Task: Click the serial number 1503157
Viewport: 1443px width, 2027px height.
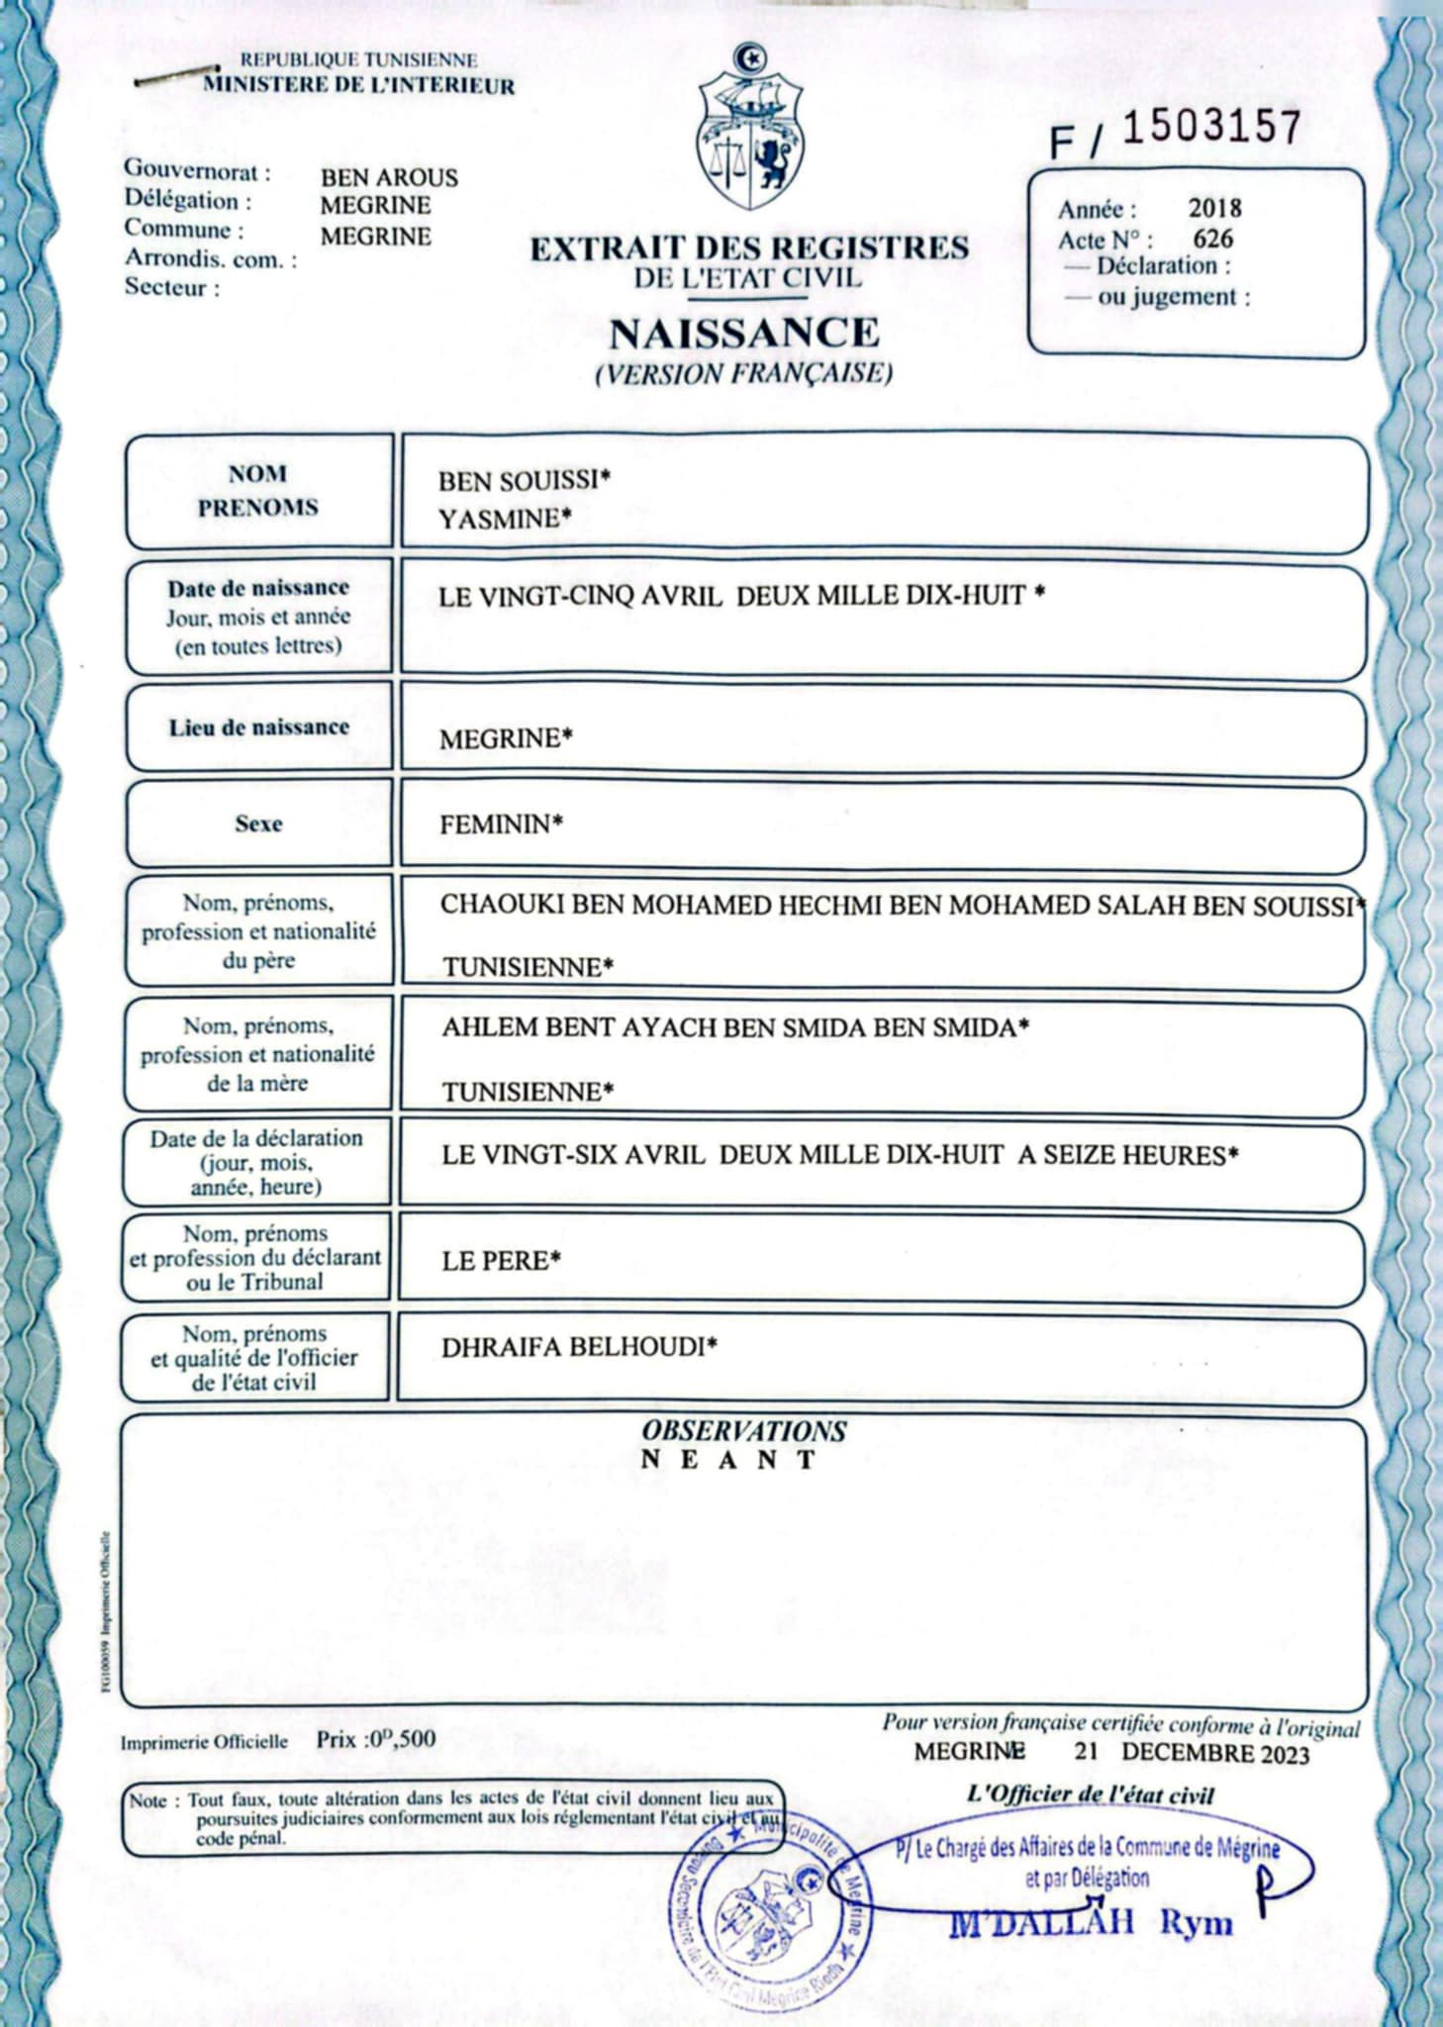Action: click(x=1210, y=128)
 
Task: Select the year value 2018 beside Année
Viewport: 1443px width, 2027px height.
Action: click(x=1214, y=208)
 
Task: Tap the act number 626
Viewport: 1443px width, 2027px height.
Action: click(x=1212, y=239)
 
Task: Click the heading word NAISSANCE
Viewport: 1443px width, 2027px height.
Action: click(x=744, y=333)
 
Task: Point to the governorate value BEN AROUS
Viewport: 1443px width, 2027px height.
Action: click(x=389, y=178)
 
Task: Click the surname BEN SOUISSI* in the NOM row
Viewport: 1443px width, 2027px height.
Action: click(x=525, y=481)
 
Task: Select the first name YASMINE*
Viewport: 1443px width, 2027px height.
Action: click(x=505, y=519)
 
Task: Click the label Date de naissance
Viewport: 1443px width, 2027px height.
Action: click(x=258, y=588)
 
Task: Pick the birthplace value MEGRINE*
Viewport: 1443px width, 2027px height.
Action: click(x=506, y=738)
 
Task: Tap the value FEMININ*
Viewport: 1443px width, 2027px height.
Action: click(x=501, y=824)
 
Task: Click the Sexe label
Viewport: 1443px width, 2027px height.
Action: click(x=258, y=823)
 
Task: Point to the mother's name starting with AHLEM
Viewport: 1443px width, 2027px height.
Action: click(x=734, y=1027)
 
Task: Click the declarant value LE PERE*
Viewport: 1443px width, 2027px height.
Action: click(x=501, y=1260)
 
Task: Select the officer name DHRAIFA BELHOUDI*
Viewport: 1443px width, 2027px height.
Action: click(x=579, y=1347)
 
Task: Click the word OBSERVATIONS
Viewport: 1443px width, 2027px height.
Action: click(x=743, y=1430)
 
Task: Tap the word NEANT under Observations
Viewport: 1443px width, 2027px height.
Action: click(x=728, y=1460)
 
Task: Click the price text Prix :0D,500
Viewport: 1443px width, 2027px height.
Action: click(x=376, y=1739)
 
